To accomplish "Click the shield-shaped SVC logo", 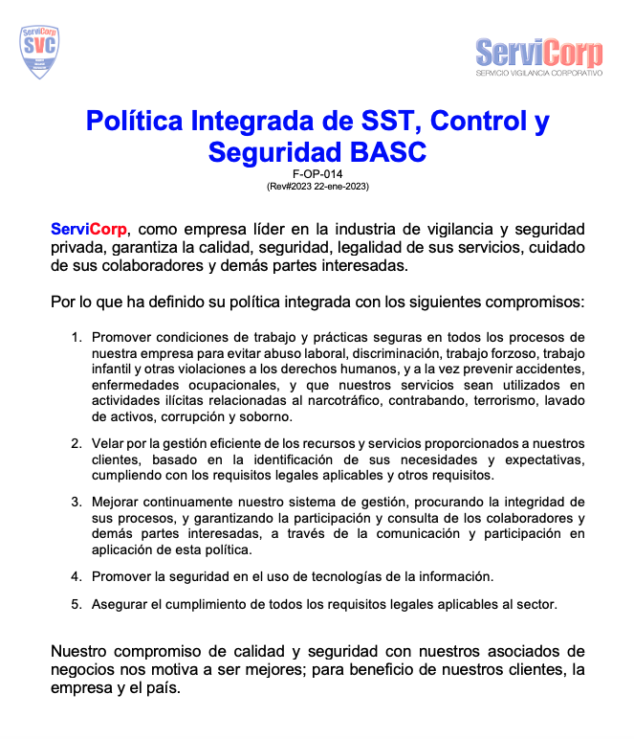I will [x=40, y=52].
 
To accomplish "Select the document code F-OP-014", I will [x=317, y=174].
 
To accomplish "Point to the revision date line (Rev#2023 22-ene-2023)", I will [x=317, y=186].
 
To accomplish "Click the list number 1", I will [x=76, y=337].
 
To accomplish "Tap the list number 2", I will [x=76, y=443].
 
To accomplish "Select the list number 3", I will [x=76, y=501].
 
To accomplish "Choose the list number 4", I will [x=76, y=575].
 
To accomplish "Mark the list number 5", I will [x=76, y=604].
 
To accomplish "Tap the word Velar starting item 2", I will [x=108, y=443].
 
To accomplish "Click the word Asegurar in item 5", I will [x=120, y=604].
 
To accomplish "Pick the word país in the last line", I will [x=161, y=688].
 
